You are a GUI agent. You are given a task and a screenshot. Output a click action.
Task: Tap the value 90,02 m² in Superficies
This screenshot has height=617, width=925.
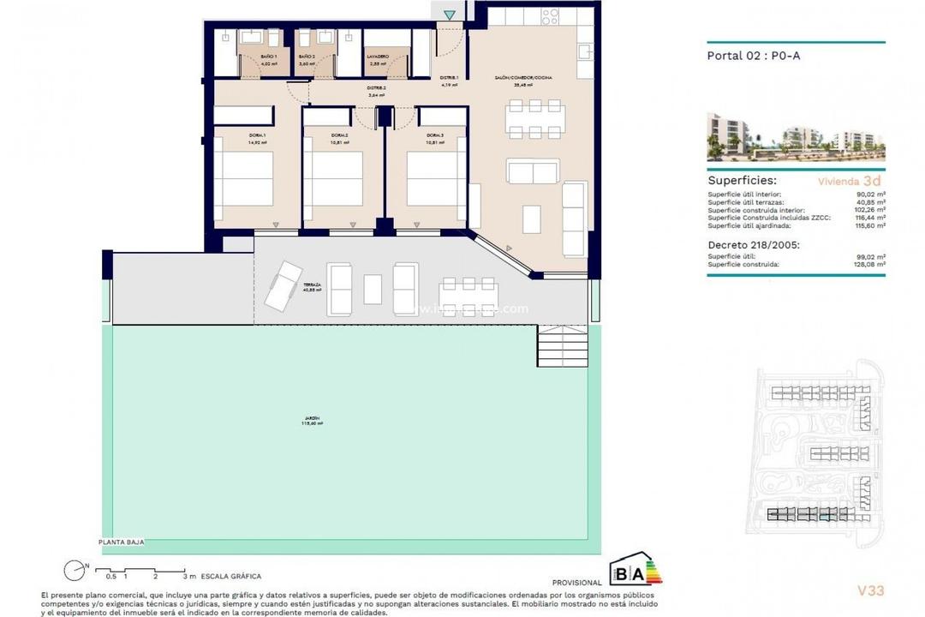coord(870,195)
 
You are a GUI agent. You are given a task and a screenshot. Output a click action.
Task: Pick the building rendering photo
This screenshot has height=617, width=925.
coord(796,137)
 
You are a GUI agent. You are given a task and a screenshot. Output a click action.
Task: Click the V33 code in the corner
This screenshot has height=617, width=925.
coord(870,590)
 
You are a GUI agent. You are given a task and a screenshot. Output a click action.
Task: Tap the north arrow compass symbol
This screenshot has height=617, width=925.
coord(75,567)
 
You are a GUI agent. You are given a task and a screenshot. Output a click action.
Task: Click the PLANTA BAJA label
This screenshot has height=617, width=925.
coord(121,542)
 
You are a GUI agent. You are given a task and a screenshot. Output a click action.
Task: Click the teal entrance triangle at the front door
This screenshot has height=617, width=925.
coord(450,15)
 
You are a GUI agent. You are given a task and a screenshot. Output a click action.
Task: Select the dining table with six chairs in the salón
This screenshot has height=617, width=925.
coord(534,119)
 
